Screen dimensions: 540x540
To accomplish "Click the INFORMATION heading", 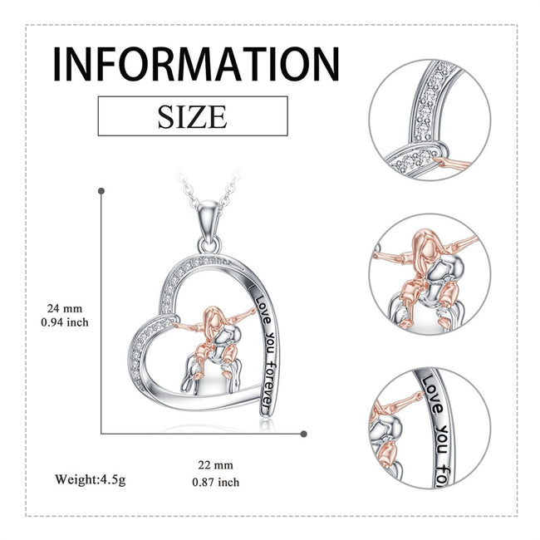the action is pyautogui.click(x=196, y=65).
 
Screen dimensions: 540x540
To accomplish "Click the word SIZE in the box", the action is pyautogui.click(x=193, y=117).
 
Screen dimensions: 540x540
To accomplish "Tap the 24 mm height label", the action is pyautogui.click(x=65, y=308).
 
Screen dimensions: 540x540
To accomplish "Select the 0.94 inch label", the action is pyautogui.click(x=65, y=322).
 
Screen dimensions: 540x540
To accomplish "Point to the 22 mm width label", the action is pyautogui.click(x=216, y=465).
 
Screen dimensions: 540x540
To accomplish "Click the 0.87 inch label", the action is pyautogui.click(x=216, y=482).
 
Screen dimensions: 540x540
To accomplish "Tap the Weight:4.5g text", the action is pyautogui.click(x=91, y=479).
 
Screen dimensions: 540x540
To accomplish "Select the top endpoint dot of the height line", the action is pyautogui.click(x=101, y=191).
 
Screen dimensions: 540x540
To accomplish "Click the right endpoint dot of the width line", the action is pyautogui.click(x=303, y=434).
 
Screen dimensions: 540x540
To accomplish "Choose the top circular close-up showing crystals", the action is pyautogui.click(x=430, y=120).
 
